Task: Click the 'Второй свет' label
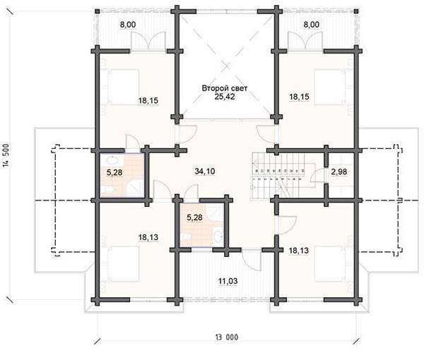coord(225,88)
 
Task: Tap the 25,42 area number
coord(225,97)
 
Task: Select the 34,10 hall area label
coord(205,171)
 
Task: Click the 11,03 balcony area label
coord(228,281)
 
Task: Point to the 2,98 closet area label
coord(338,172)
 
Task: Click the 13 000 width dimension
coord(227,337)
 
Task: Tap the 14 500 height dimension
coord(7,155)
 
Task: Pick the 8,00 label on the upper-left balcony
coord(128,25)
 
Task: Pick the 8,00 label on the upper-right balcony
coord(311,25)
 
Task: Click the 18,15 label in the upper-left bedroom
coord(148,101)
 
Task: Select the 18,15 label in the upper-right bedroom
coord(299,97)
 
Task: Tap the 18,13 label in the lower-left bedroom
coord(148,237)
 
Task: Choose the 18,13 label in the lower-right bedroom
coord(299,251)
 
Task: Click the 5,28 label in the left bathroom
coord(114,172)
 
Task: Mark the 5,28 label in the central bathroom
coord(194,217)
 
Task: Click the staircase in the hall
coord(283,176)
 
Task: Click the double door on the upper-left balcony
coord(148,40)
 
